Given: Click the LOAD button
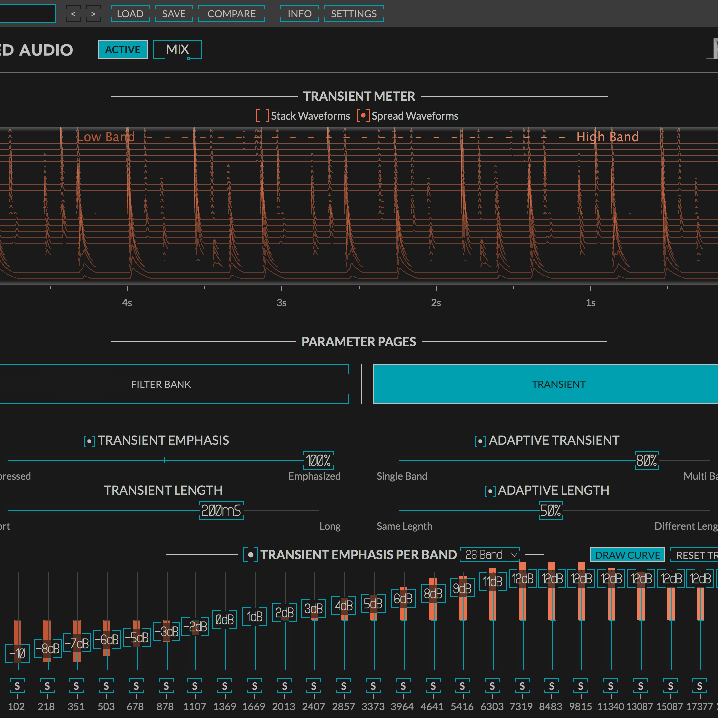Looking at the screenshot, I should point(130,14).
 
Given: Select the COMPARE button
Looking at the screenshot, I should point(231,14).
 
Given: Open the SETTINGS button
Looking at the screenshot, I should point(354,14).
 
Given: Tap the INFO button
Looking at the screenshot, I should point(299,14).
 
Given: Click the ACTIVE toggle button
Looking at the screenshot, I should point(123,49).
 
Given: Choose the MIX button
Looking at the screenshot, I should point(178,49).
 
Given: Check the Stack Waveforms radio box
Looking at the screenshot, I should point(263,116).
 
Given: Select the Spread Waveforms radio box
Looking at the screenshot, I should point(363,116).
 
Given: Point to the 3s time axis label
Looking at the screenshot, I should point(282,303).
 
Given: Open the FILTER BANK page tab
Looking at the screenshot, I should point(161,384).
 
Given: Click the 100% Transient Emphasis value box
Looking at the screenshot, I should point(318,460).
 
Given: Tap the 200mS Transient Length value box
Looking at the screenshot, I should point(221,510).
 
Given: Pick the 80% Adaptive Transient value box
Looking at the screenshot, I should point(646,460).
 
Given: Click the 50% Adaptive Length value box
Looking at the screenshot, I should point(551,510).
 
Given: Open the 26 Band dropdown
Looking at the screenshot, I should point(490,555).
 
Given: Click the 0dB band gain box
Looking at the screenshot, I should point(225,620).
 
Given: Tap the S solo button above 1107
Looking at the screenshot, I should point(195,686).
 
